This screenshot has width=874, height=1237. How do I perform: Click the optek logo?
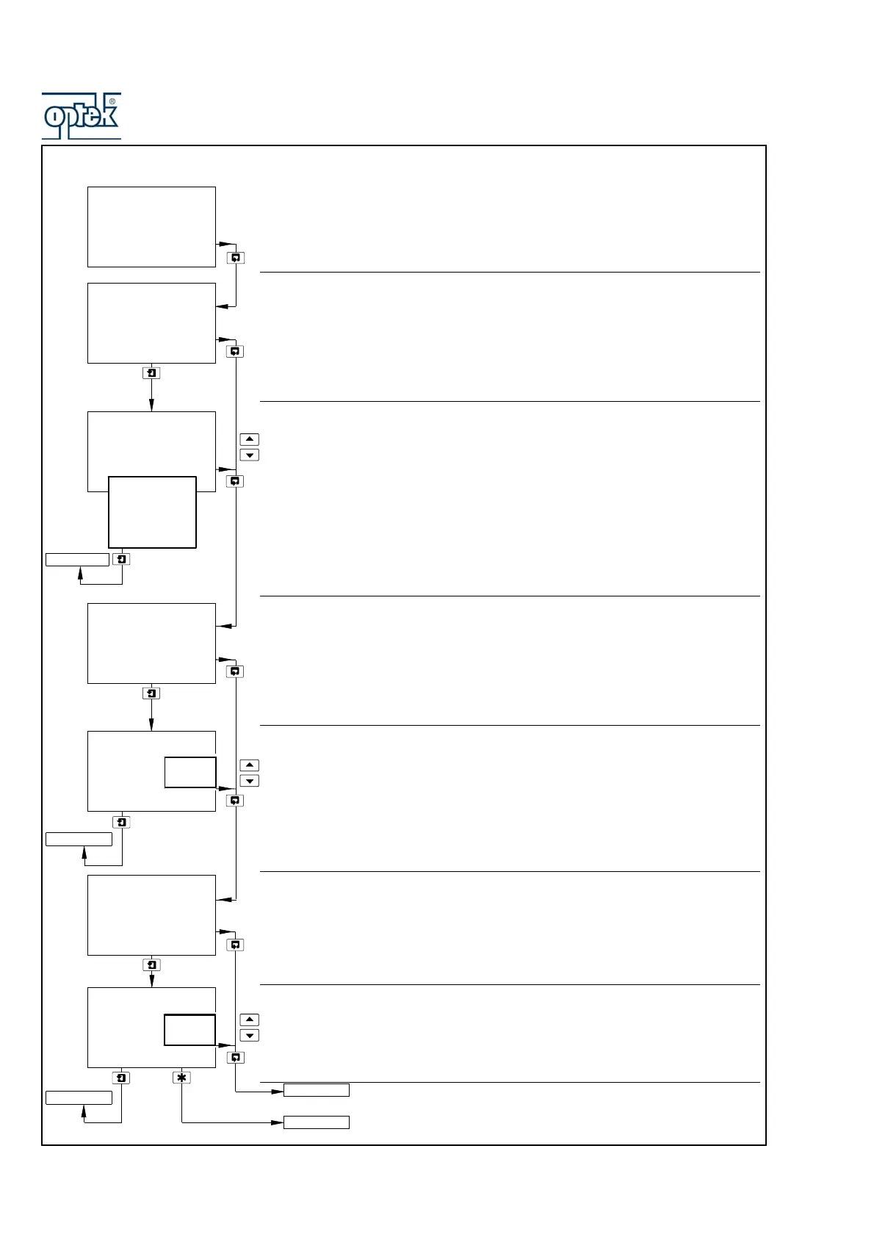81,116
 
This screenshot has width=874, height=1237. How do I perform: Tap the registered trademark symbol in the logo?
112,101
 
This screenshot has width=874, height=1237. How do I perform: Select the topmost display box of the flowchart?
151,227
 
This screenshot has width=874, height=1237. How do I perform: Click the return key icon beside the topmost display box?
236,258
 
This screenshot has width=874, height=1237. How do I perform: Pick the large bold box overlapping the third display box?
152,512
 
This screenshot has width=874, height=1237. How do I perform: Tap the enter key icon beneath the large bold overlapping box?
122,560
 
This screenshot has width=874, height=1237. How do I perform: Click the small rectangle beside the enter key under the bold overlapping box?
77,560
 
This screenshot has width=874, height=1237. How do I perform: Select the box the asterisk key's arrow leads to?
317,1122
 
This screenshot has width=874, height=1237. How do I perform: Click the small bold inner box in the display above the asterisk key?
189,1030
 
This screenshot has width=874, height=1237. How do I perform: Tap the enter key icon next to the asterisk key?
122,1078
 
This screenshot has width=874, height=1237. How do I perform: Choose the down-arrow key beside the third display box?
250,455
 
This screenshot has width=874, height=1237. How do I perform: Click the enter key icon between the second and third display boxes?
151,373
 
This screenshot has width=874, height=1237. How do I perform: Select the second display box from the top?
151,323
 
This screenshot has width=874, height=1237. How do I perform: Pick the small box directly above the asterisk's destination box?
317,1090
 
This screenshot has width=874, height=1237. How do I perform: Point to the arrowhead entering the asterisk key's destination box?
278,1122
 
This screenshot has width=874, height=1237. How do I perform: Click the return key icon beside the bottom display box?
236,1058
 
